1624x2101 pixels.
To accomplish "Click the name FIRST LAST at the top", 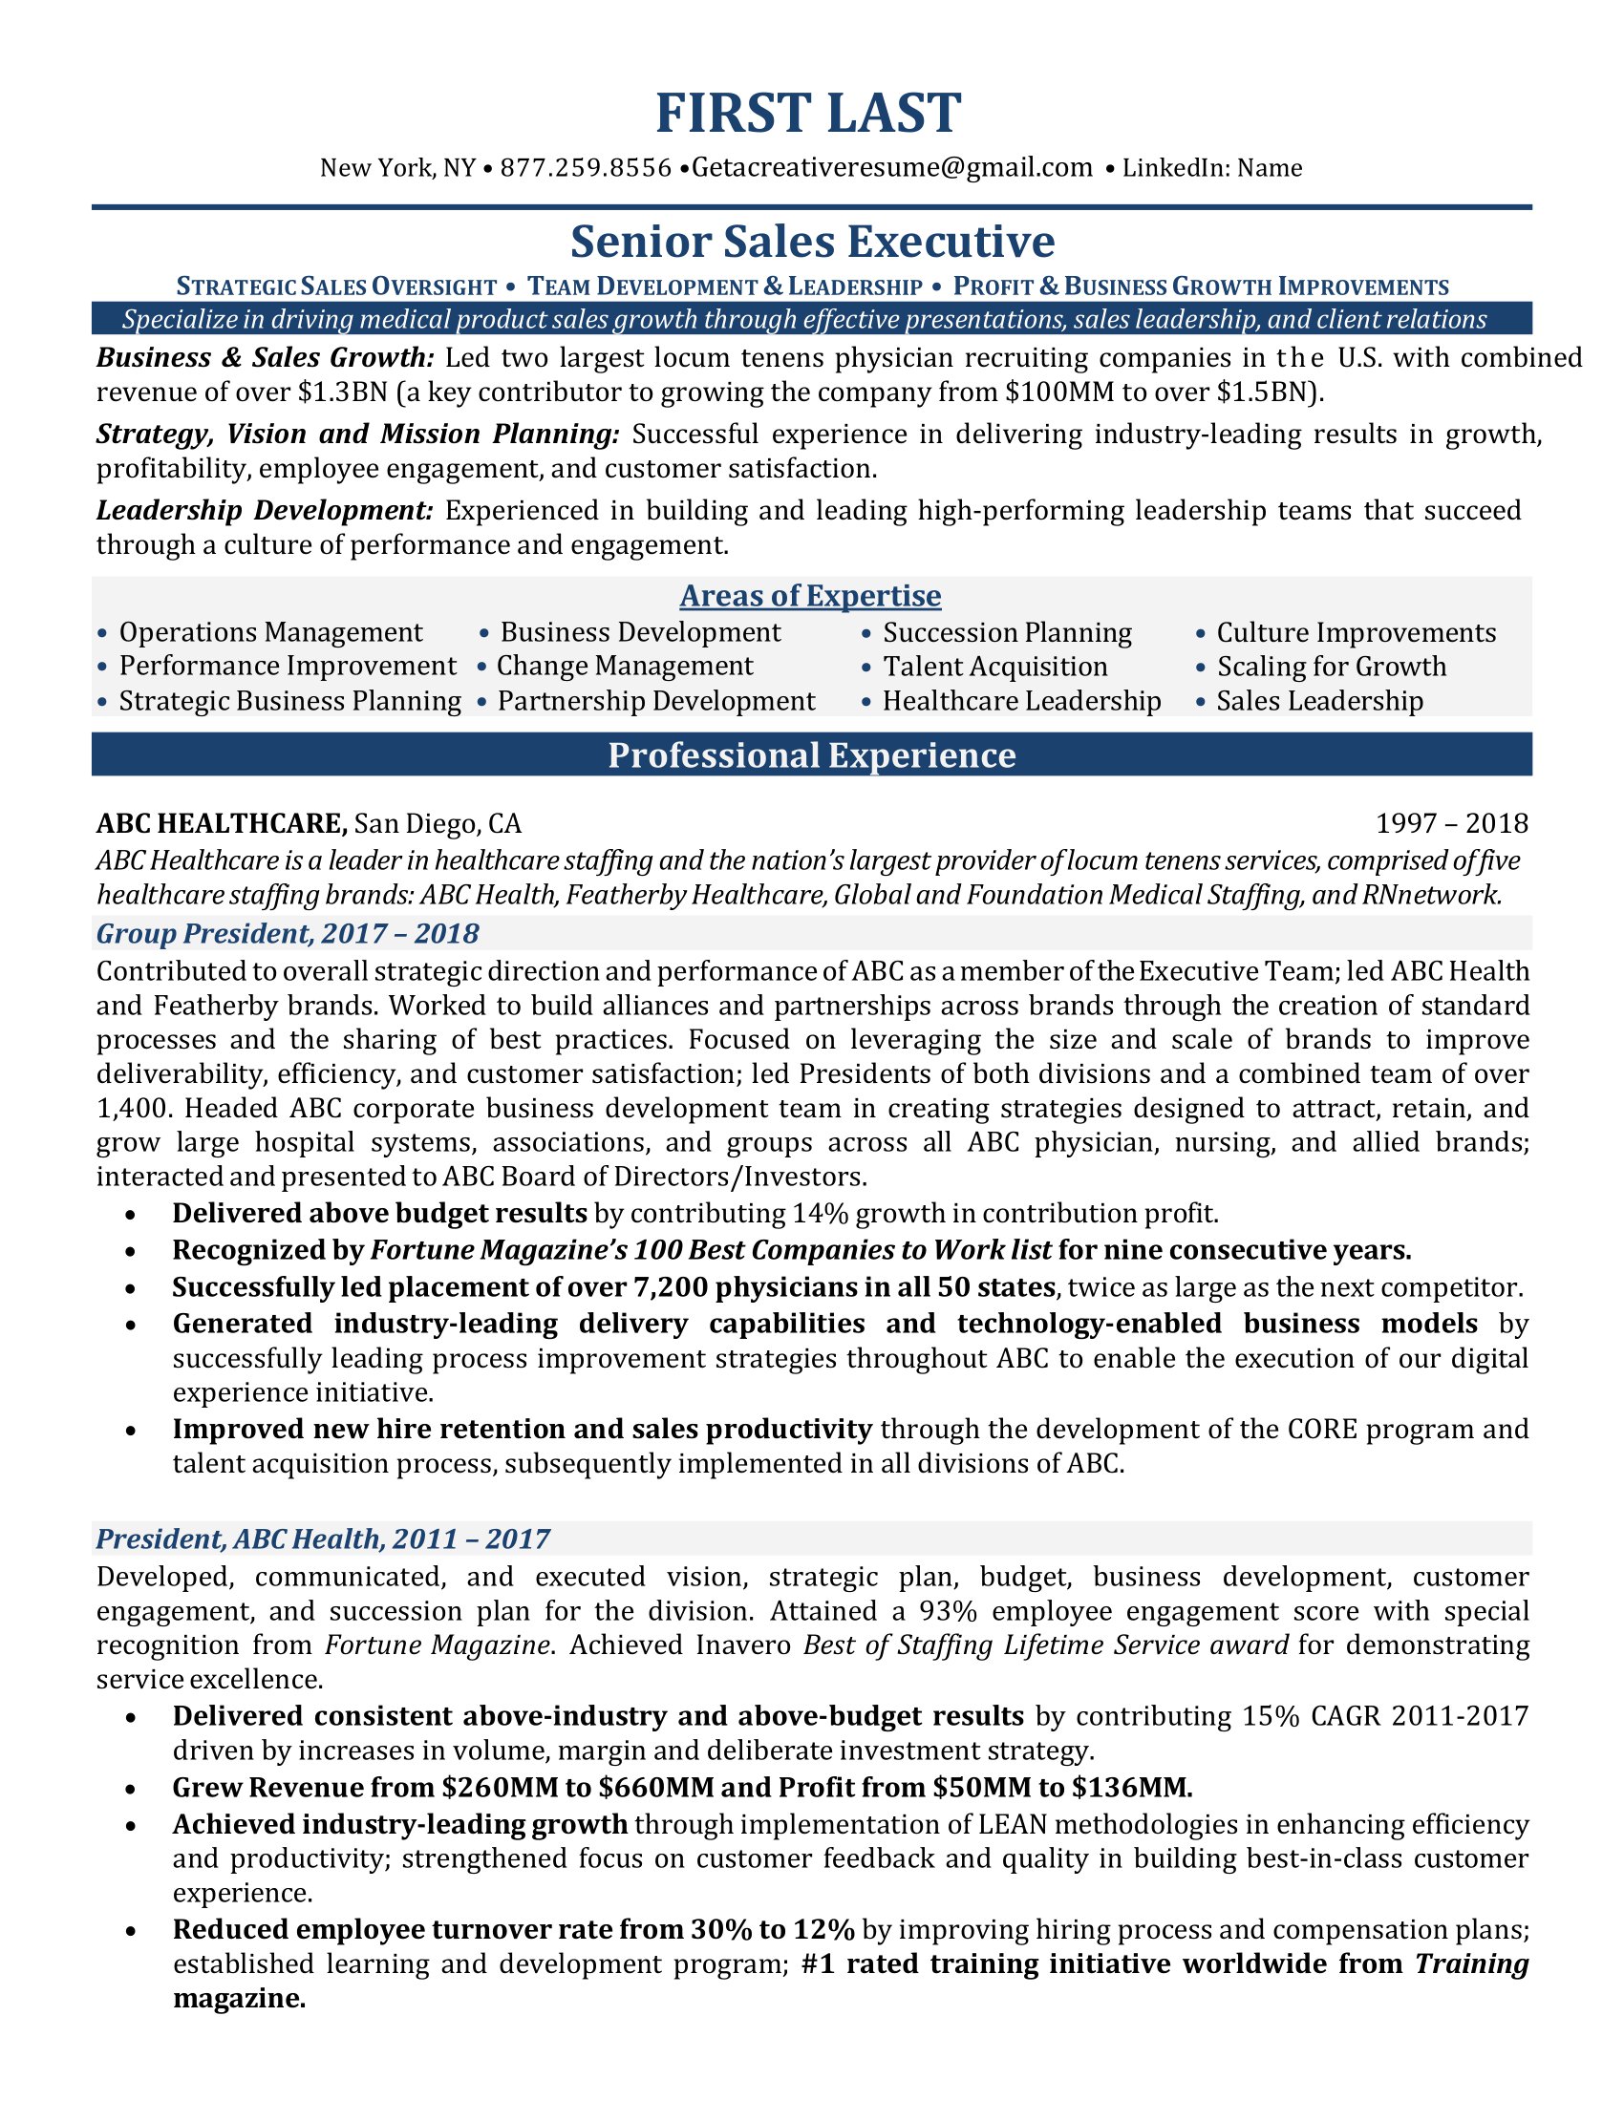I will (x=808, y=114).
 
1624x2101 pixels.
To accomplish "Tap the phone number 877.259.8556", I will (x=586, y=168).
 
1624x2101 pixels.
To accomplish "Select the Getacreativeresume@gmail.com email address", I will (x=892, y=168).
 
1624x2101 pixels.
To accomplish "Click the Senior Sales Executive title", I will (x=812, y=242).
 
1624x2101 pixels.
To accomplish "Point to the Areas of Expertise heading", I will (x=810, y=597).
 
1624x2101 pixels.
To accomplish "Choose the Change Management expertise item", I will (x=625, y=667).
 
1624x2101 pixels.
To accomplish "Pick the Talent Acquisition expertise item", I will (x=994, y=668).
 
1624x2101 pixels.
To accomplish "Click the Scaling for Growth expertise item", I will (x=1331, y=668).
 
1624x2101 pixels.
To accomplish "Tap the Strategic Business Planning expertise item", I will (x=289, y=701).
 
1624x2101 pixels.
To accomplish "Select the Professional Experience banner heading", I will (x=811, y=755).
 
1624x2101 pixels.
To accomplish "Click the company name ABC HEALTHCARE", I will (x=222, y=823).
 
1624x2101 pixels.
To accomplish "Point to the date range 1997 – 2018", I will (x=1451, y=823).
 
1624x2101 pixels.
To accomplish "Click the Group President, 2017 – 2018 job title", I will (x=288, y=933).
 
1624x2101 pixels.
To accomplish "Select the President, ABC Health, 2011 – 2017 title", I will (x=322, y=1539).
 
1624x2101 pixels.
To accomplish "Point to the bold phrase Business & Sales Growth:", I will (x=266, y=358).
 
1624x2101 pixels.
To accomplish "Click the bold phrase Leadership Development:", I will (x=265, y=511).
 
